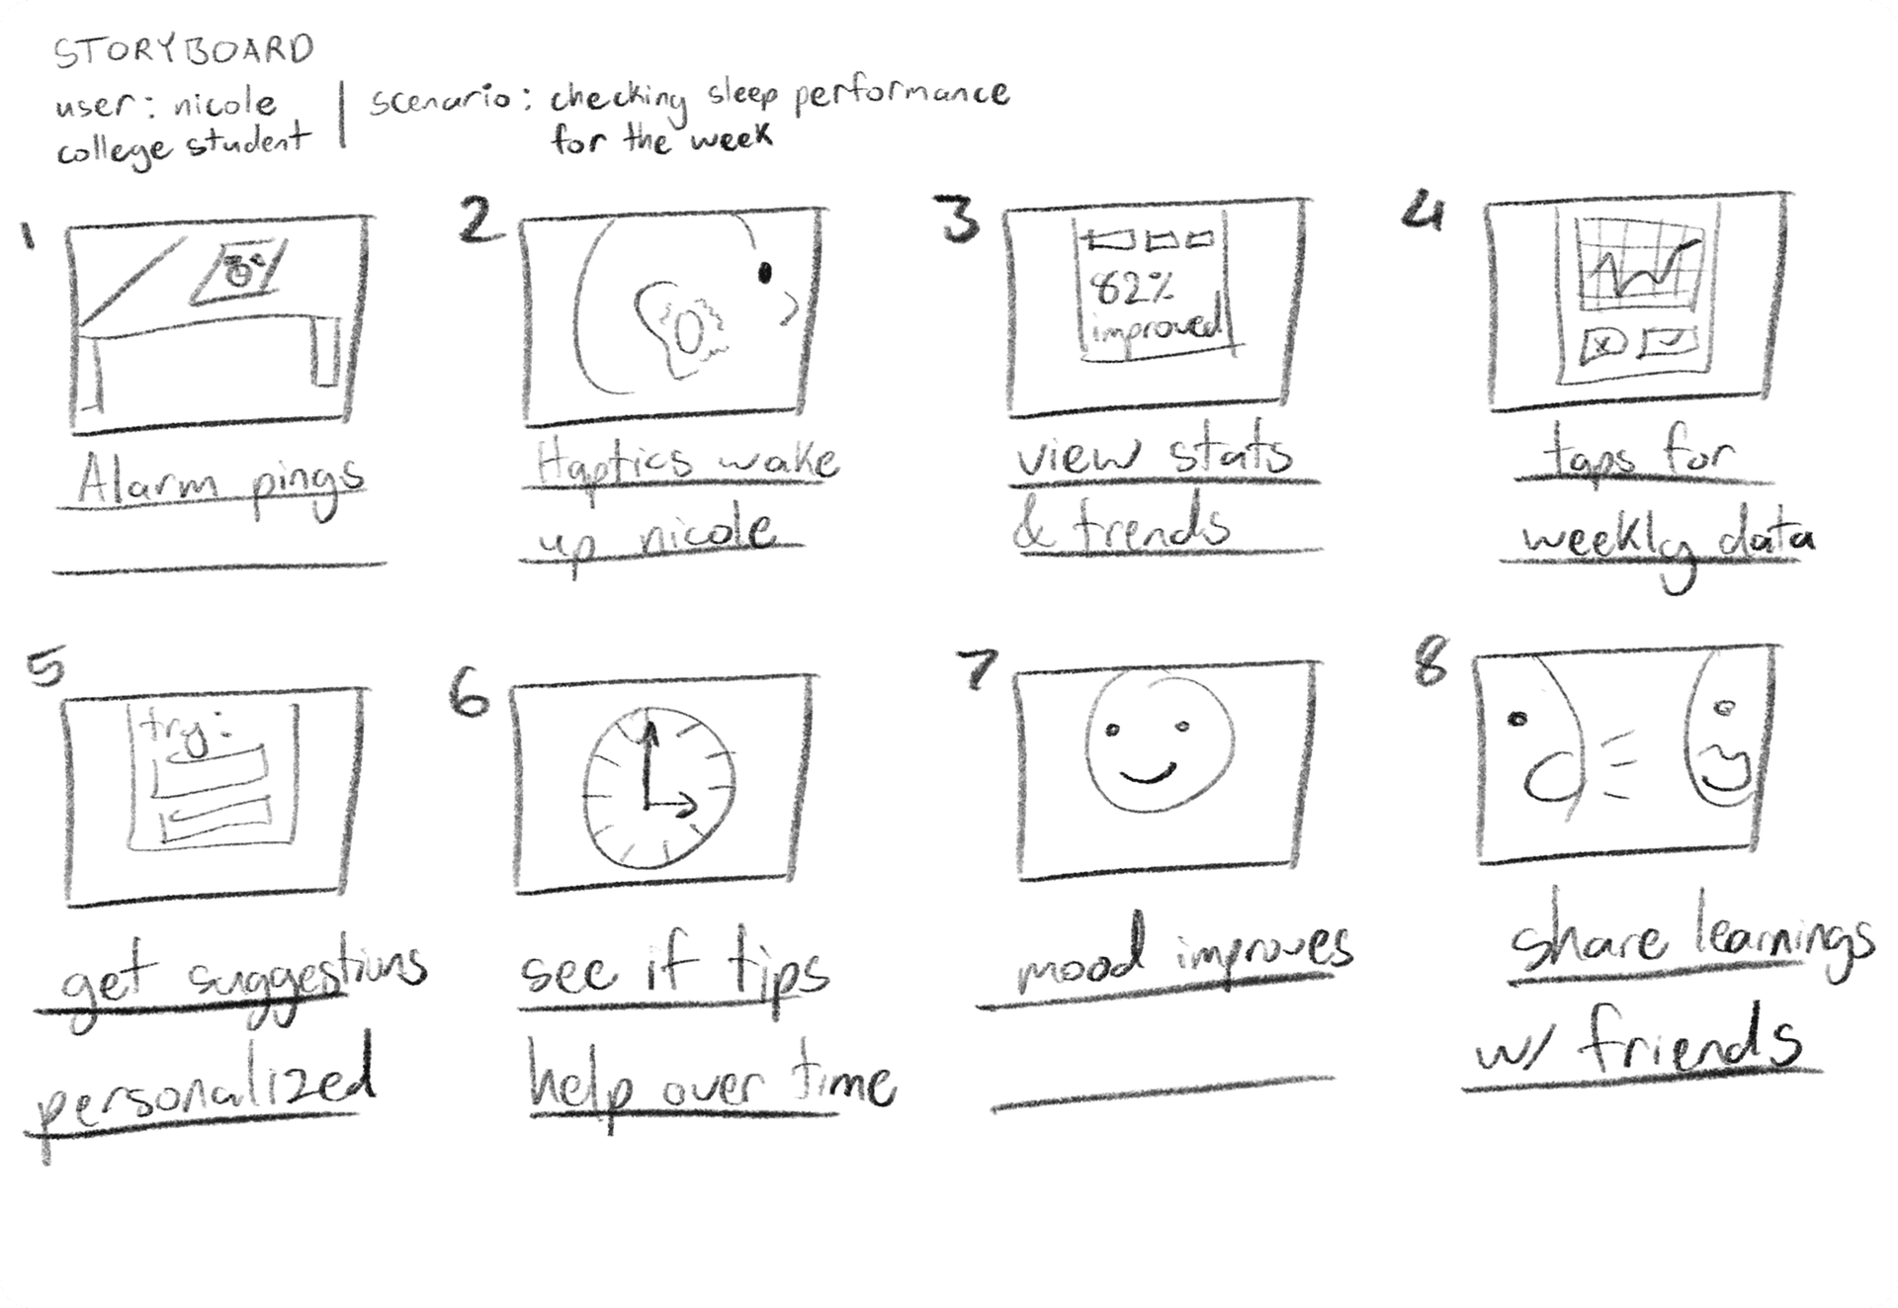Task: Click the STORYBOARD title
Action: point(184,51)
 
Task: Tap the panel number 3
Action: point(960,220)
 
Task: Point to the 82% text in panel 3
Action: point(1133,289)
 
